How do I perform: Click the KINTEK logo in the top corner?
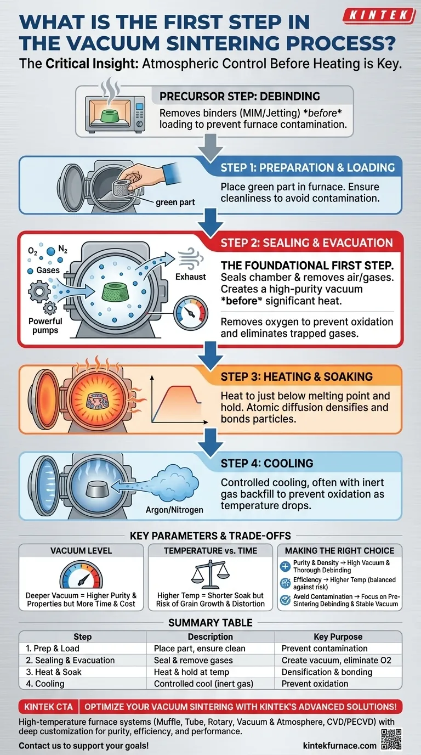pyautogui.click(x=378, y=15)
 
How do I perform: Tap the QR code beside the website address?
pyautogui.click(x=390, y=739)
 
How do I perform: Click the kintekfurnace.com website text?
pyautogui.click(x=339, y=746)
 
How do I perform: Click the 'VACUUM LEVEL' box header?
pyautogui.click(x=81, y=550)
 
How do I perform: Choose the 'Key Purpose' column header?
pyautogui.click(x=338, y=636)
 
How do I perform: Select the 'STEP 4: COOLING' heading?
pyautogui.click(x=267, y=463)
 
